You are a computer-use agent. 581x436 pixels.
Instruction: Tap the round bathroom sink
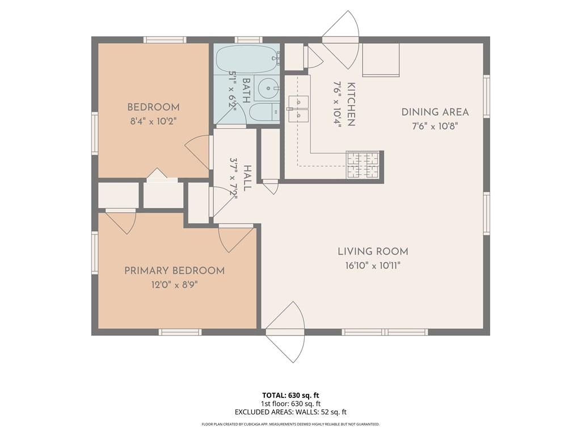click(x=268, y=89)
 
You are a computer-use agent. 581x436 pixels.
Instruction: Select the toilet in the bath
click(x=264, y=112)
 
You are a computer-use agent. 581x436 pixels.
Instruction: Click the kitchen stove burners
click(x=363, y=165)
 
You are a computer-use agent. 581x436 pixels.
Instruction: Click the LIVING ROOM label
click(x=373, y=251)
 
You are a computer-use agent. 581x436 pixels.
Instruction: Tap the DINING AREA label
click(x=435, y=112)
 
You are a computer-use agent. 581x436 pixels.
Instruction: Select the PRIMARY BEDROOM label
click(x=175, y=271)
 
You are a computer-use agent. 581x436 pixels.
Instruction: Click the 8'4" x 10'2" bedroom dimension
click(x=153, y=121)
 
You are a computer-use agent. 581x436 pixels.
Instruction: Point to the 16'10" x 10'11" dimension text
click(x=373, y=266)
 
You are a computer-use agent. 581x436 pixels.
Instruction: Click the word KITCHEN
click(x=351, y=104)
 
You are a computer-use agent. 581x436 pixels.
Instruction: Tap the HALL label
click(x=247, y=178)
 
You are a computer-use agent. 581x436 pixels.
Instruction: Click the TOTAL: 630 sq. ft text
click(x=290, y=395)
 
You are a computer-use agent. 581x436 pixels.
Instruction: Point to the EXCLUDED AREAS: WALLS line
click(x=290, y=412)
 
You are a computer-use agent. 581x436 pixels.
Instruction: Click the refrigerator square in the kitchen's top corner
click(x=381, y=60)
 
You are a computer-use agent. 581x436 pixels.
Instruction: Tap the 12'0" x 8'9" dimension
click(x=174, y=285)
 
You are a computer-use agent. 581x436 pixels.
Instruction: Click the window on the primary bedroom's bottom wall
click(x=180, y=332)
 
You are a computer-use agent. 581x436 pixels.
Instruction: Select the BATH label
click(x=246, y=90)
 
